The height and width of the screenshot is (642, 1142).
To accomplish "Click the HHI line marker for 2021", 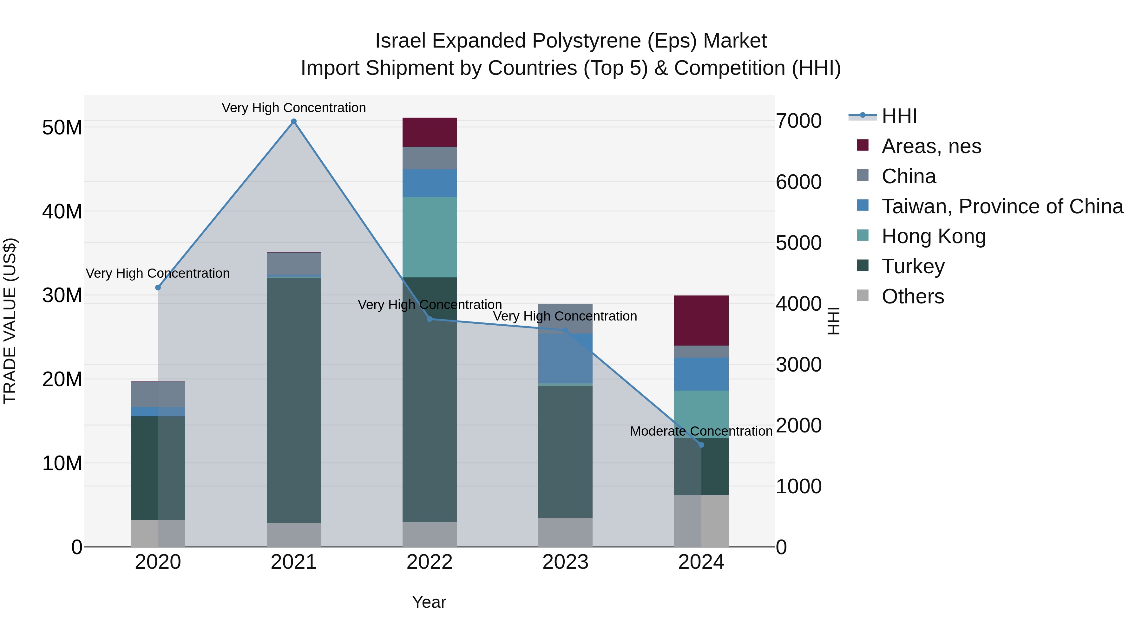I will click(x=293, y=121).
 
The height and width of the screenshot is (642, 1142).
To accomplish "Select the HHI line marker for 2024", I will click(x=701, y=445).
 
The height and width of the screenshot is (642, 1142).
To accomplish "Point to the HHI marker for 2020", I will click(x=158, y=288).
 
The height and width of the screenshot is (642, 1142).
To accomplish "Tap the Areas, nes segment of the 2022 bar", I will click(x=429, y=132).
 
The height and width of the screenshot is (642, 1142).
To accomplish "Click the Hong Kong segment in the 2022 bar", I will click(x=429, y=237).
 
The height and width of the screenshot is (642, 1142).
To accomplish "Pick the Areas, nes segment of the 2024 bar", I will click(x=701, y=320).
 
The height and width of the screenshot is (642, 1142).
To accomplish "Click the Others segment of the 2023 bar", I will click(x=565, y=532).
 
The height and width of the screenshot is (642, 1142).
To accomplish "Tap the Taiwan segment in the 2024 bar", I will click(x=701, y=374).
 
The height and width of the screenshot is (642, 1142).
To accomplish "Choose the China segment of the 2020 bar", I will click(x=158, y=394).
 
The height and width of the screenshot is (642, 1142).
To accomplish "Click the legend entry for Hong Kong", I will click(x=933, y=236).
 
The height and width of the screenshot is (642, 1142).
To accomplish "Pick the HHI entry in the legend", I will click(x=899, y=116).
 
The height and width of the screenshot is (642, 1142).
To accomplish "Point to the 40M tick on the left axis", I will click(x=62, y=211).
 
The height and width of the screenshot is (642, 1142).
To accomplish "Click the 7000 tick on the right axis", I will click(x=798, y=121).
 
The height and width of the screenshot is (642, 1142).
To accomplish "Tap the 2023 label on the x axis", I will click(x=565, y=562).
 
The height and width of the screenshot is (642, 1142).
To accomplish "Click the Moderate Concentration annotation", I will click(x=701, y=431).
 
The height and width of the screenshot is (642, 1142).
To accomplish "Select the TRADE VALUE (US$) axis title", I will click(x=10, y=321).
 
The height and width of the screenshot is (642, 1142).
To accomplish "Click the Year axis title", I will click(x=429, y=602).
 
